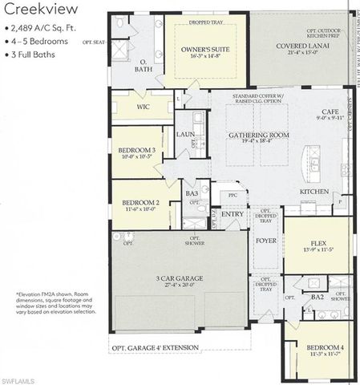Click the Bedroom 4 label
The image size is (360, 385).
325,346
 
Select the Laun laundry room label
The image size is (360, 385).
185,134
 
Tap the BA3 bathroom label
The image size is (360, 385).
192,192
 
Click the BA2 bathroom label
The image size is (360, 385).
318,296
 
